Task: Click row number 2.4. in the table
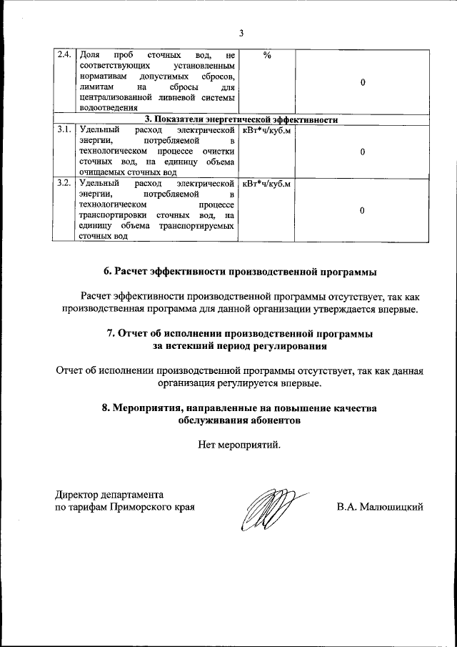[64, 56]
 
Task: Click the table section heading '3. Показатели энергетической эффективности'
[241, 119]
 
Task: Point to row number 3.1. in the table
[64, 130]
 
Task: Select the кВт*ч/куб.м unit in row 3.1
[266, 130]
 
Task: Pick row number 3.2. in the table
[64, 184]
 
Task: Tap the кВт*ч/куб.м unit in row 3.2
[266, 184]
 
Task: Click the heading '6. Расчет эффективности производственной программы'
[240, 272]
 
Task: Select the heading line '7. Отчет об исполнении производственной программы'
[240, 334]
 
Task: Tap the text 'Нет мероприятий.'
[240, 445]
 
